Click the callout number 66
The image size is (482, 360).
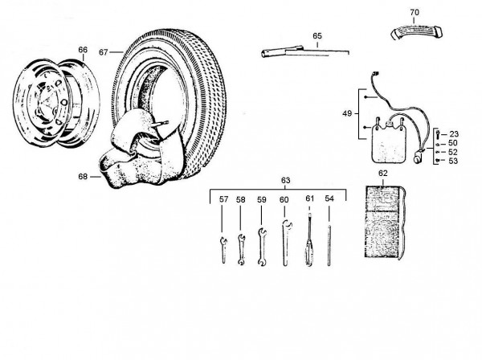(x=83, y=50)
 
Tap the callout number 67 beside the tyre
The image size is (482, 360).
(x=104, y=52)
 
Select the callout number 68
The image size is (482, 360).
(x=83, y=177)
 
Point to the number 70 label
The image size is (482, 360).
(x=415, y=12)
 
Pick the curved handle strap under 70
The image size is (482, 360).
(x=416, y=31)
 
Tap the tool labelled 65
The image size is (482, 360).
(x=305, y=52)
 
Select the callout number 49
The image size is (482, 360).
(x=347, y=113)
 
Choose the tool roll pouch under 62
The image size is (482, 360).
(x=385, y=222)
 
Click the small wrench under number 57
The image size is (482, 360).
(x=223, y=250)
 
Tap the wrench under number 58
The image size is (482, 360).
(x=241, y=250)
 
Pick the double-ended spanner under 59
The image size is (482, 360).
(x=262, y=247)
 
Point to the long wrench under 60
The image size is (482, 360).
(x=286, y=243)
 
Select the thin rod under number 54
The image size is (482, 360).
(x=329, y=245)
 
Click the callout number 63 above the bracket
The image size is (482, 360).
(x=285, y=180)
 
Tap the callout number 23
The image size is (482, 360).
(x=454, y=134)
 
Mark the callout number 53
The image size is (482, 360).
(x=453, y=161)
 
